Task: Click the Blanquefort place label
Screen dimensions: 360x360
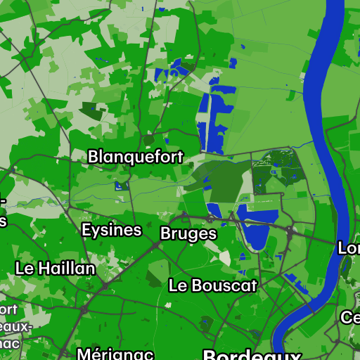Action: click(x=136, y=157)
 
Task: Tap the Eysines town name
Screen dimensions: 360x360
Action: click(x=111, y=230)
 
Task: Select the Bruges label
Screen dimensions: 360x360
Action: click(x=188, y=233)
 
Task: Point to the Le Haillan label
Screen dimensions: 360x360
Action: click(x=55, y=268)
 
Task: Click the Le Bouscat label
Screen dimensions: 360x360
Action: click(x=213, y=285)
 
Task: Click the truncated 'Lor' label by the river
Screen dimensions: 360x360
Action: click(x=349, y=248)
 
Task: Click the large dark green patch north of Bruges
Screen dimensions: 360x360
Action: click(x=218, y=179)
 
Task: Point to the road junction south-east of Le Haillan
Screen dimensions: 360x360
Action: click(x=105, y=285)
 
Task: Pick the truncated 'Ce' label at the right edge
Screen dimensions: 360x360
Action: click(x=351, y=317)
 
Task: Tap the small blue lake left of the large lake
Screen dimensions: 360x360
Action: click(x=214, y=210)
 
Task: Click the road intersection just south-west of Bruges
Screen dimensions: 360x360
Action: click(x=155, y=245)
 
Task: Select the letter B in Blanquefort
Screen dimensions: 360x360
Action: click(x=93, y=157)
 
